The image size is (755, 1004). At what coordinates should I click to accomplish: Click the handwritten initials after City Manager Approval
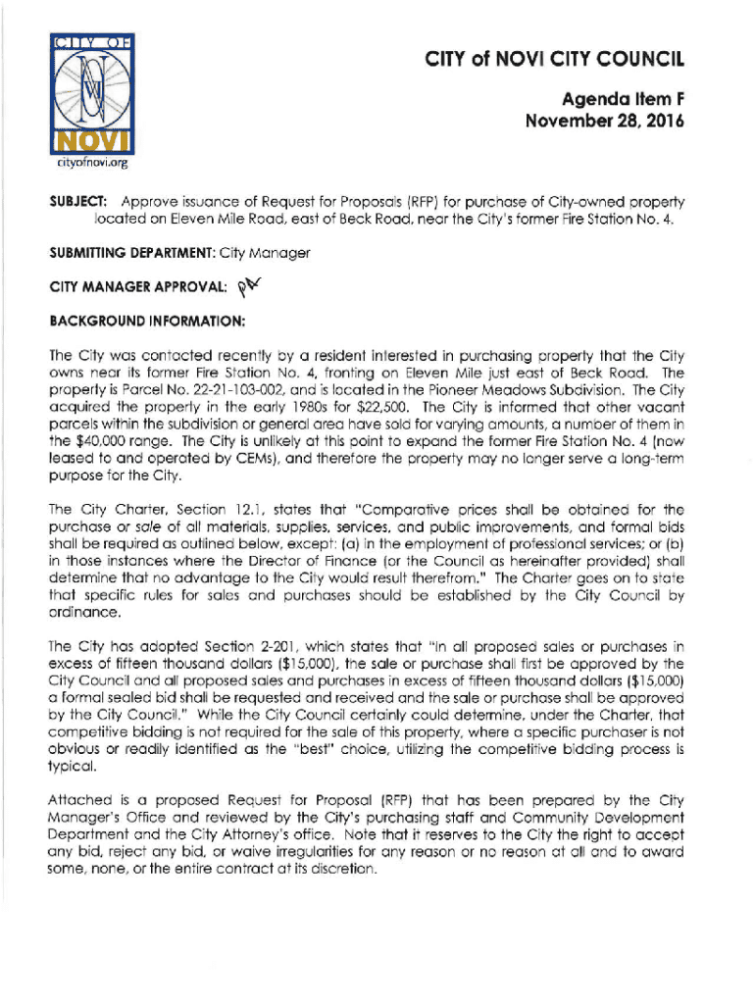(x=253, y=285)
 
